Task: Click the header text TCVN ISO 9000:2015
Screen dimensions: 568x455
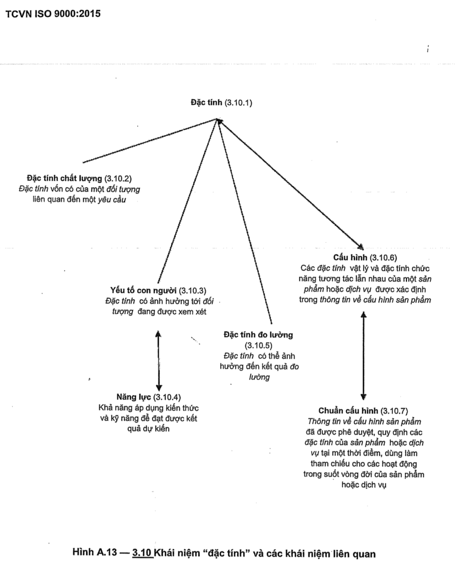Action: [53, 14]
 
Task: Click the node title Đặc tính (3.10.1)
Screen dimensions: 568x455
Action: [221, 103]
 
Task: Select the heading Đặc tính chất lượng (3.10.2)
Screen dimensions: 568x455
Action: [79, 178]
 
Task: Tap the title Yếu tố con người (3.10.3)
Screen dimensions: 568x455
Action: [158, 290]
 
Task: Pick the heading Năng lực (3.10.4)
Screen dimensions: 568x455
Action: [148, 397]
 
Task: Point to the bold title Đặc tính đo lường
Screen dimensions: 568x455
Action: [258, 335]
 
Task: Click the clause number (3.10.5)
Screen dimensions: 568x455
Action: [258, 345]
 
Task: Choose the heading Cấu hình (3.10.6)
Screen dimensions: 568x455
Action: [365, 258]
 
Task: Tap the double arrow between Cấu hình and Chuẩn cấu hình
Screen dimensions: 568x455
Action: [363, 356]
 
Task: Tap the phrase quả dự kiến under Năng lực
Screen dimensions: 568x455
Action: [148, 429]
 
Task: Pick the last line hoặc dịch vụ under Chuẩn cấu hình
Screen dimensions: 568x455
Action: [363, 485]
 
